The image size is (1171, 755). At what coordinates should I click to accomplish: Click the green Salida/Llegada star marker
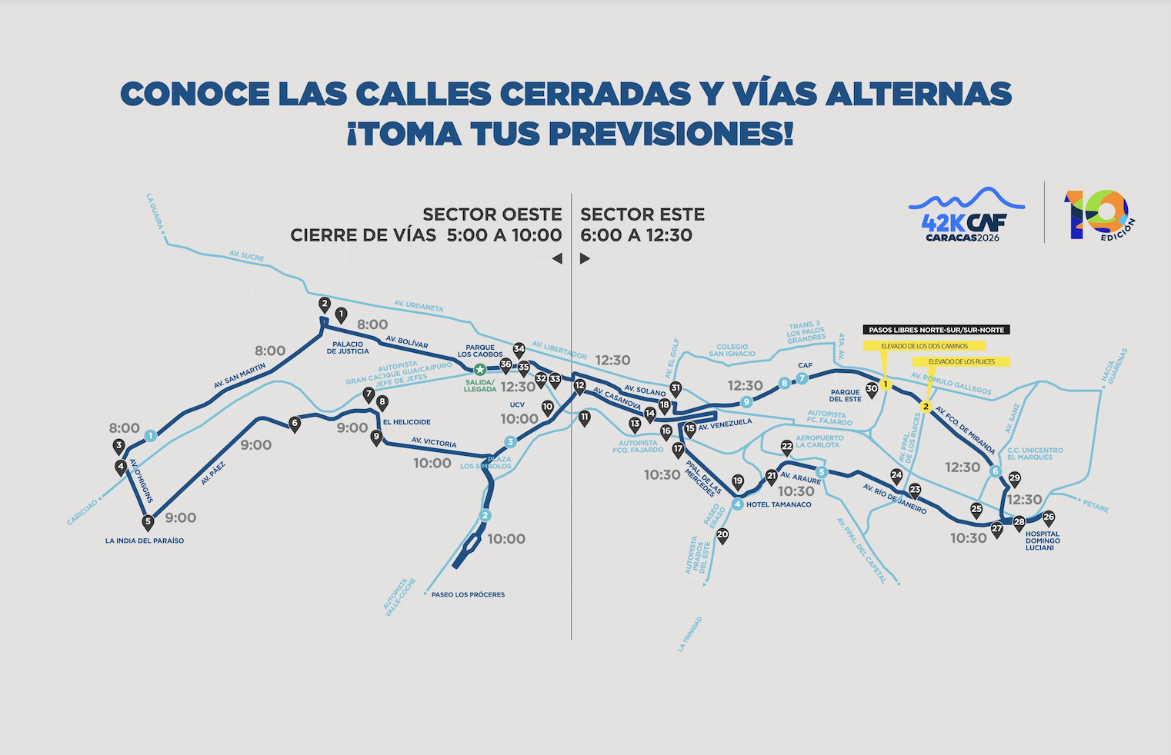tap(480, 371)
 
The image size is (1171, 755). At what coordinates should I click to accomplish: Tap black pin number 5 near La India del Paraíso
tap(148, 522)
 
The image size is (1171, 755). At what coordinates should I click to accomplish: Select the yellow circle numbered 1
tap(886, 384)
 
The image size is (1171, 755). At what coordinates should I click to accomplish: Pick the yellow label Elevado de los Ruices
tap(961, 361)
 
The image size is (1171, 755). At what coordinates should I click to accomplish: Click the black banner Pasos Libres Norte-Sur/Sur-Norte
tap(936, 330)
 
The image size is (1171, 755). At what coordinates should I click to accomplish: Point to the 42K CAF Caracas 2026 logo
tap(966, 215)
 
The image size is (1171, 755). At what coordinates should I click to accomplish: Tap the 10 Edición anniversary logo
tap(1099, 215)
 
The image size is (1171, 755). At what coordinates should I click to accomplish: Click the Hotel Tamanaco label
tap(778, 504)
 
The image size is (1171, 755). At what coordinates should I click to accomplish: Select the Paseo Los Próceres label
tap(468, 594)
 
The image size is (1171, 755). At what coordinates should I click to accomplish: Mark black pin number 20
tap(722, 535)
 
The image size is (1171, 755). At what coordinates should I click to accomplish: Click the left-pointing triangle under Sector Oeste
tap(557, 259)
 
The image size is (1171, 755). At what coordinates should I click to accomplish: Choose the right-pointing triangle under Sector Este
tap(585, 259)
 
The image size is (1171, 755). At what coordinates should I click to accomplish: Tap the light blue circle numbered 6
tap(996, 471)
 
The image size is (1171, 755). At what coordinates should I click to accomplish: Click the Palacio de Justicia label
tap(348, 348)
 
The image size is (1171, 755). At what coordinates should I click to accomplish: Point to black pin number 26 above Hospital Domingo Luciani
tap(1048, 518)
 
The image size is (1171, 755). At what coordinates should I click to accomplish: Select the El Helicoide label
tap(406, 422)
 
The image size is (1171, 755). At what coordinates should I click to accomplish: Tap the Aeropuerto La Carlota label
tap(819, 441)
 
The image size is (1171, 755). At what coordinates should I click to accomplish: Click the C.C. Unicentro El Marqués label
tap(1035, 454)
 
